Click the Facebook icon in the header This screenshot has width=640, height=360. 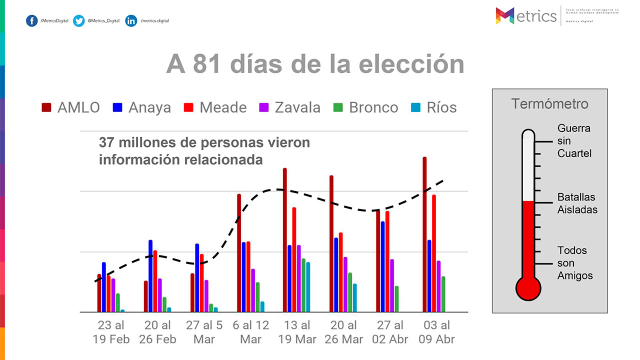click(32, 21)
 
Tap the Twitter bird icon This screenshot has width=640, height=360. click(79, 21)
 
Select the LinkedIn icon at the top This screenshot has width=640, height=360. click(131, 21)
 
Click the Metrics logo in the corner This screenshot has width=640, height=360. click(526, 16)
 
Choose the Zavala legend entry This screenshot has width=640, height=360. click(289, 107)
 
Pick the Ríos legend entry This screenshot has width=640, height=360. click(433, 107)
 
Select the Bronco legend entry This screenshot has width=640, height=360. click(366, 107)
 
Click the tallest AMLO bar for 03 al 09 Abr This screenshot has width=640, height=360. click(425, 235)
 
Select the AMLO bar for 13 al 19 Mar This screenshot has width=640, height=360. click(285, 240)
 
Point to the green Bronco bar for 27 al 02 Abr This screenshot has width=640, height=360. click(396, 299)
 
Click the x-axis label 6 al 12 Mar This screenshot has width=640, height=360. click(250, 332)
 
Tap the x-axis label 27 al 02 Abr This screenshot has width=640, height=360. click(390, 332)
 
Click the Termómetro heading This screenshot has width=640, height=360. click(549, 104)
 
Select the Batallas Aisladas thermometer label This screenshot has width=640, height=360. click(577, 203)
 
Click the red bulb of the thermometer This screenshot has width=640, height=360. click(528, 288)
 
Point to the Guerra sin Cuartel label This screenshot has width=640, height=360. click(574, 141)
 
